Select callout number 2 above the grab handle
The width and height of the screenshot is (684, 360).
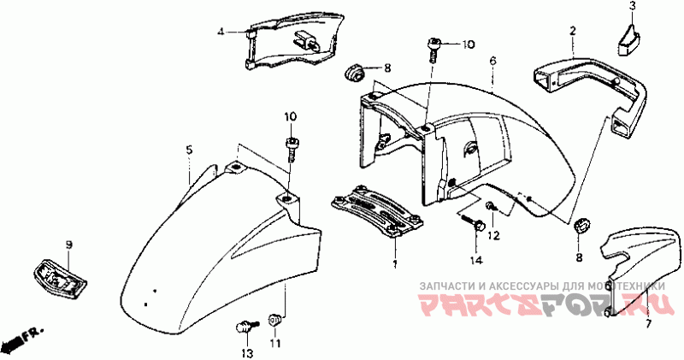(x=572, y=31)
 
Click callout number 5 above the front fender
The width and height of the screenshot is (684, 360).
(x=189, y=150)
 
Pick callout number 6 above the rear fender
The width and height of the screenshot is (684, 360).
(x=493, y=61)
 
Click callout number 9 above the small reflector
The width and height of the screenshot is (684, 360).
(x=69, y=245)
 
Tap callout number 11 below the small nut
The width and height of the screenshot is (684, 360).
(x=275, y=343)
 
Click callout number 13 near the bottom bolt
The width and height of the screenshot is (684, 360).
(x=246, y=353)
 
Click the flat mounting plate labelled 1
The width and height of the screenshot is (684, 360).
(x=378, y=210)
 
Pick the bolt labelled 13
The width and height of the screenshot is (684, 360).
(x=245, y=326)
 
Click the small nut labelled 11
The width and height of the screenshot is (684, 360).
(x=275, y=320)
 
